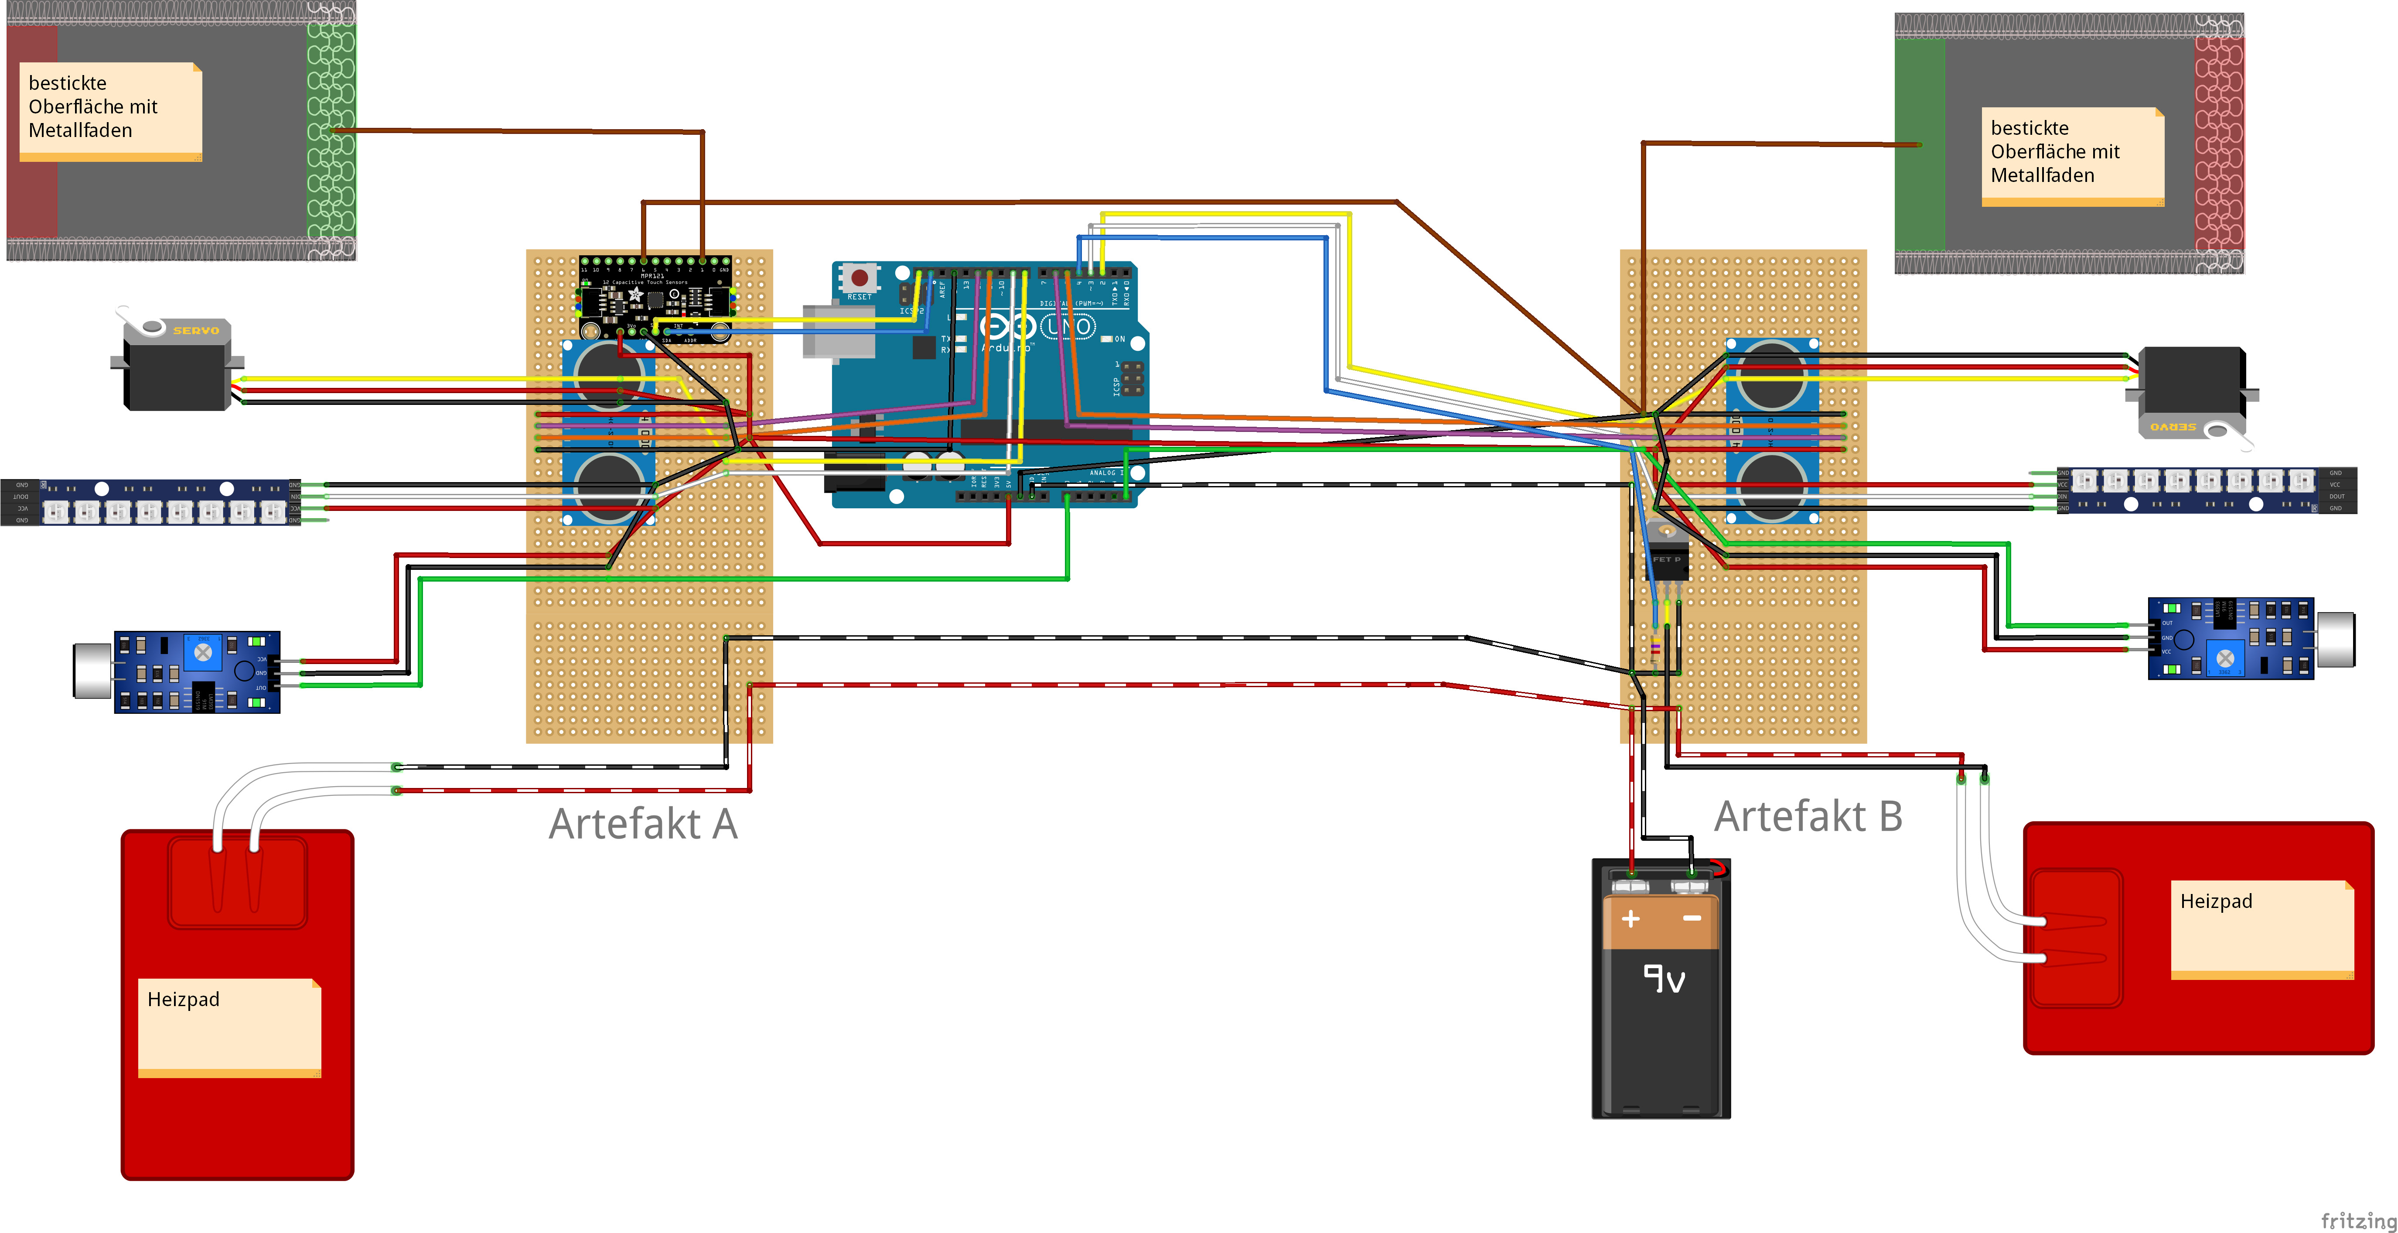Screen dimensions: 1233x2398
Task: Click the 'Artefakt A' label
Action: click(642, 823)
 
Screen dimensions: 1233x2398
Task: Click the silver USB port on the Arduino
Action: click(838, 332)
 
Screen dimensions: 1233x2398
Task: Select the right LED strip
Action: click(2206, 490)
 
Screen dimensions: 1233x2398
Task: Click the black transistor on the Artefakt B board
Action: click(1666, 559)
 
